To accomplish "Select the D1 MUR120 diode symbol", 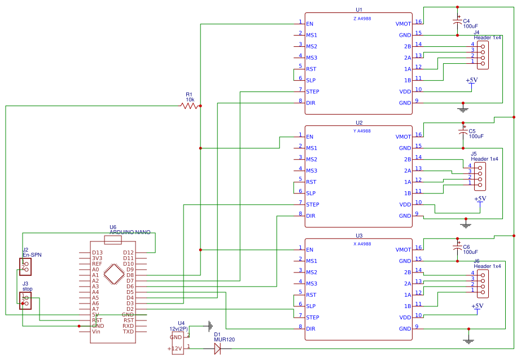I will tap(217, 349).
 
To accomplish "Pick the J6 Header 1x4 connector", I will tap(482, 283).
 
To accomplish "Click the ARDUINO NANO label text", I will tap(130, 232).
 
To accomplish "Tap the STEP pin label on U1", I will tap(313, 91).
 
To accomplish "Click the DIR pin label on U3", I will tap(310, 328).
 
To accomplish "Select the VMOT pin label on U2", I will tap(404, 137).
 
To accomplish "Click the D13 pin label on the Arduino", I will tap(97, 252).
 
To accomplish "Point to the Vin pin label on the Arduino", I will tap(96, 331).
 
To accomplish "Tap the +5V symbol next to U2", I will tap(480, 199).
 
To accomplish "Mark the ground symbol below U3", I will tap(468, 340).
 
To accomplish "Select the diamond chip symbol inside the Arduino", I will tap(115, 275).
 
